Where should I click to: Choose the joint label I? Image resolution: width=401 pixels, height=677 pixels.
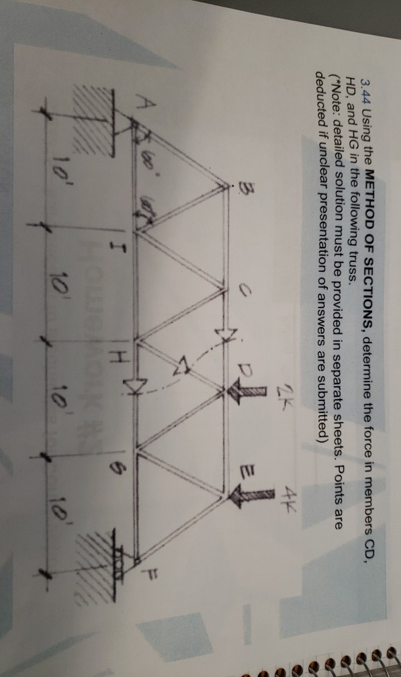[x=113, y=255]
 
